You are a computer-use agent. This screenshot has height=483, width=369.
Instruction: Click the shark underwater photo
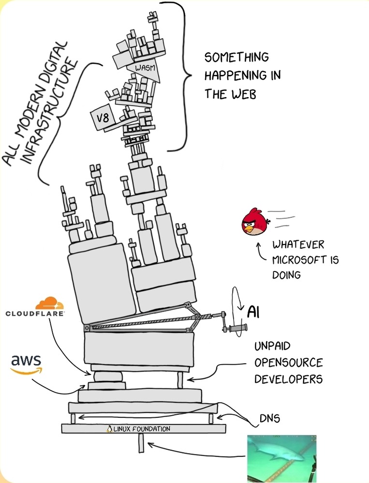(281, 458)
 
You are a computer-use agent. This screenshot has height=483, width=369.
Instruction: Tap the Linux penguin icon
(109, 428)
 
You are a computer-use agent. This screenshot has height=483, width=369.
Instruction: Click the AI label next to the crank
(253, 312)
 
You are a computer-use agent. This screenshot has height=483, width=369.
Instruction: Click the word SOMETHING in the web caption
(236, 57)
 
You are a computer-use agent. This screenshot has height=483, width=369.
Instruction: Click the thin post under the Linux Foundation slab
(141, 443)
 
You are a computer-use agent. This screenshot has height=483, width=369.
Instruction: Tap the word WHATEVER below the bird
(298, 245)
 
